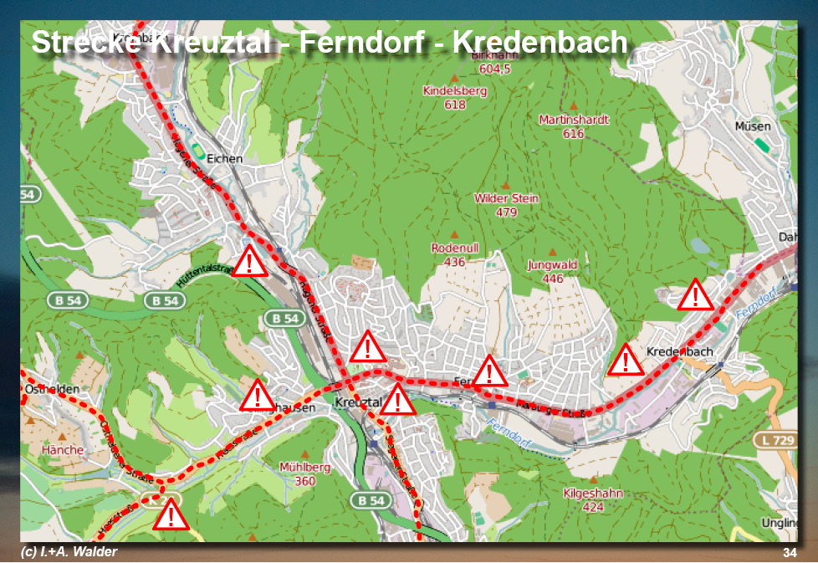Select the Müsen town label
coord(753,126)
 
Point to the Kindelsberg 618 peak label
coord(455,98)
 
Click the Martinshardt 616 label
coord(574,126)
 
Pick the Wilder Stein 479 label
coord(506,205)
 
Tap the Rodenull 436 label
coord(454,255)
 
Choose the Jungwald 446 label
coord(552,272)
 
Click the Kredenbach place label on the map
coord(680,351)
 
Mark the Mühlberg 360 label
coord(305,474)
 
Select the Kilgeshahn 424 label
coord(593,500)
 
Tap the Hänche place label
coord(62,450)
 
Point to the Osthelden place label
coord(53,390)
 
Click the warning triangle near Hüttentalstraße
coord(249,262)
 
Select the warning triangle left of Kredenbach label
coord(625,361)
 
